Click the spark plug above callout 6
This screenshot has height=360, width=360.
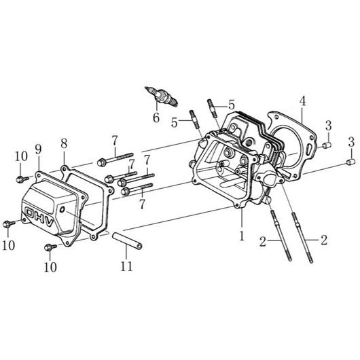tap(161, 96)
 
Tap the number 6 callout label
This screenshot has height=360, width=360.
tap(156, 118)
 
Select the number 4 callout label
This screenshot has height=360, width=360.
tap(303, 101)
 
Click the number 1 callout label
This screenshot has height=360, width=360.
tap(242, 236)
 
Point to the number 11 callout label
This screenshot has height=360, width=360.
tap(126, 266)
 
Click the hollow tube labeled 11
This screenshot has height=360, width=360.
tap(127, 240)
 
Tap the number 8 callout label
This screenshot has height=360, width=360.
tap(64, 143)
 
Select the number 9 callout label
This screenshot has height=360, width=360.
tap(38, 149)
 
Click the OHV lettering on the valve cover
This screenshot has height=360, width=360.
tap(39, 217)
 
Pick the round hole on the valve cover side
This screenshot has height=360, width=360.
tap(62, 209)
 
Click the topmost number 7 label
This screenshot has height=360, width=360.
tap(115, 141)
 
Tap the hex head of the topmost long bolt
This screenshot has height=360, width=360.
tap(101, 162)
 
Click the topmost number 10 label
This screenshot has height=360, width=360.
tap(21, 157)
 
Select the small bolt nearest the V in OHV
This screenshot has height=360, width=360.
tap(51, 247)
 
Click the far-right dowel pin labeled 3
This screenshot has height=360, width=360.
tap(350, 162)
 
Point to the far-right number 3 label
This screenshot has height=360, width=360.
tap(351, 143)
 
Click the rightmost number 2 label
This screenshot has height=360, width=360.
tap(324, 240)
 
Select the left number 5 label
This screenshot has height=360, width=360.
tap(175, 123)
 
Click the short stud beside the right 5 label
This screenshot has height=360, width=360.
tap(212, 109)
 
